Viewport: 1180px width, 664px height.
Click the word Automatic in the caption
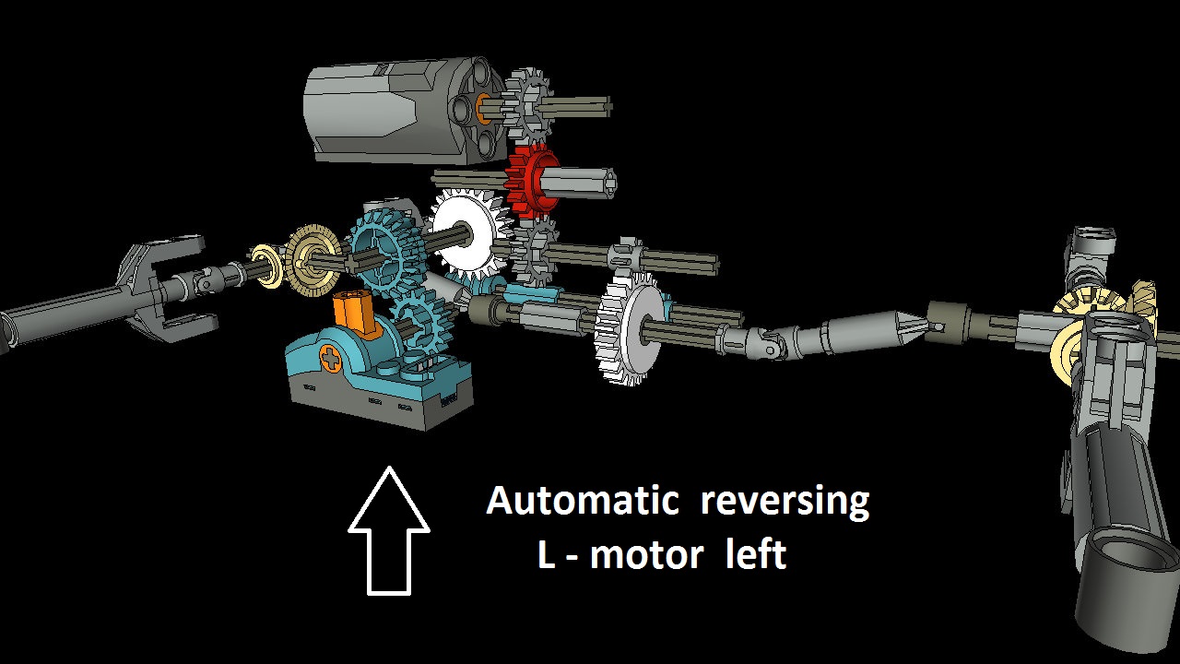582,500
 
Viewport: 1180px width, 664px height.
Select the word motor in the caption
646,554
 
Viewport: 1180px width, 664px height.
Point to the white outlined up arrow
389,531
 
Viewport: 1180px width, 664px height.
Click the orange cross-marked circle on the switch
330,359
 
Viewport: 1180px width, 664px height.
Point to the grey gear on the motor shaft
526,105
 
